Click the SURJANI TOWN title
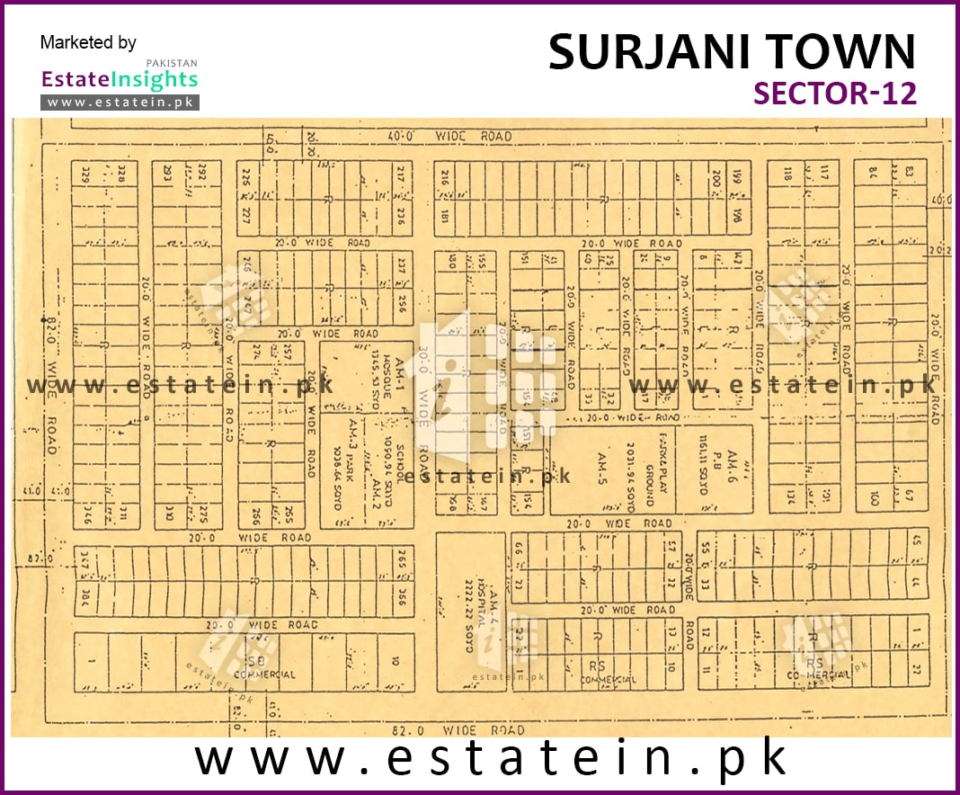click(732, 52)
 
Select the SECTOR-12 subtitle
click(835, 93)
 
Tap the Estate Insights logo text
click(120, 79)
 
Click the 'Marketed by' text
click(88, 42)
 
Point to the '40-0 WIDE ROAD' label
click(450, 136)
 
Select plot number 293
click(167, 174)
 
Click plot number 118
click(787, 173)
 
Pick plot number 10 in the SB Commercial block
click(395, 661)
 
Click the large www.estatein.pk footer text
click(491, 759)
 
